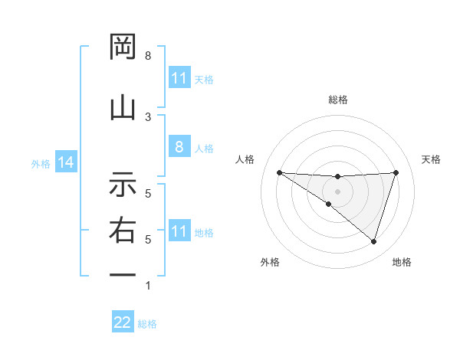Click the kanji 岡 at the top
[x=123, y=49]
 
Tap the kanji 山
[x=123, y=107]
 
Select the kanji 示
[x=123, y=184]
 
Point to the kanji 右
[x=123, y=229]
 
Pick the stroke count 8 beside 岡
[x=148, y=56]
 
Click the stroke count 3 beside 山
[x=148, y=116]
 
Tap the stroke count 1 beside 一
[x=148, y=286]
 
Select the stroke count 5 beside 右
[x=148, y=240]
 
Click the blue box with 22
[x=123, y=323]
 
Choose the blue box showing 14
[x=64, y=163]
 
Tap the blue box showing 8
[x=179, y=148]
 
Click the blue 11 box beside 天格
[x=179, y=78]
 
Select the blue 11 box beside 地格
[x=179, y=231]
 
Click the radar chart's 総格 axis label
[x=338, y=100]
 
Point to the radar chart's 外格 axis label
[x=270, y=262]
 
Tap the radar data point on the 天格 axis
[x=396, y=172]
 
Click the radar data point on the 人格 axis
[x=279, y=172]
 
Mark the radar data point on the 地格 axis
[x=374, y=241]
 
